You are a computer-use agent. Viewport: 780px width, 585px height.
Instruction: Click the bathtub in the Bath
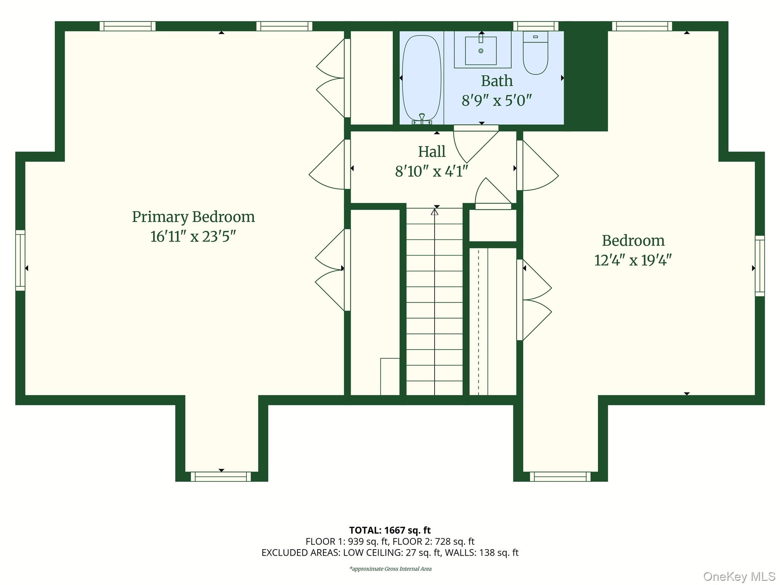(421, 78)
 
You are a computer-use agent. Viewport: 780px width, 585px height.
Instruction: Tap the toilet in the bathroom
(535, 53)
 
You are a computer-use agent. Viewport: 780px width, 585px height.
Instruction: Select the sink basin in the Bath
(481, 51)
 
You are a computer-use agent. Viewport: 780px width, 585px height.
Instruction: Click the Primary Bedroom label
(193, 217)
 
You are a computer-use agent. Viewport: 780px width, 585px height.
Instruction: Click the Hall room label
(432, 152)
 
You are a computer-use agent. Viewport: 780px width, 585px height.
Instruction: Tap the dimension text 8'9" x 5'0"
(496, 101)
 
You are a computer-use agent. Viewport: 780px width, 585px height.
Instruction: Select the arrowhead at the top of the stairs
(435, 211)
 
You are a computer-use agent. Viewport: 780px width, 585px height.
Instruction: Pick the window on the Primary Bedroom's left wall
(20, 261)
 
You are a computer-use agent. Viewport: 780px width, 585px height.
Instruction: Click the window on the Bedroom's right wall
(759, 266)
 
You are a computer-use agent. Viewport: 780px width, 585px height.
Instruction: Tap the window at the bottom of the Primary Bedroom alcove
(221, 476)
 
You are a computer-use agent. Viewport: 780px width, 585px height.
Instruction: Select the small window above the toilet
(535, 26)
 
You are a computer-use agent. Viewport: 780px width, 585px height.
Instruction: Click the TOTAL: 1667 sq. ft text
(390, 530)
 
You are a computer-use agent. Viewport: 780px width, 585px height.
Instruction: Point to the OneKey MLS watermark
(739, 576)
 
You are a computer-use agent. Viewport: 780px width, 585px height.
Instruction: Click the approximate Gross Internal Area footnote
(390, 569)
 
